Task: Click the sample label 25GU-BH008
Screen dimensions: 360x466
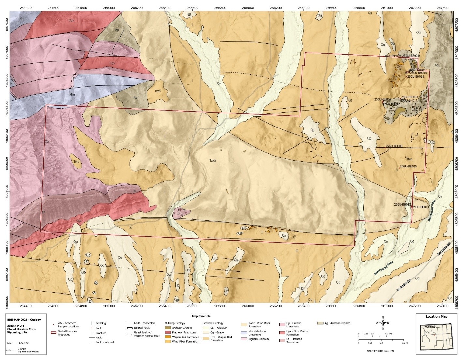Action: coord(394,146)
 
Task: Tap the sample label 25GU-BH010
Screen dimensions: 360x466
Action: coord(408,166)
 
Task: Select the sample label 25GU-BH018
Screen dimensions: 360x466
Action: coord(415,76)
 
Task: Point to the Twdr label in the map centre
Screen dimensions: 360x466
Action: coord(213,161)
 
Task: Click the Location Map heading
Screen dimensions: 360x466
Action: coord(436,316)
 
